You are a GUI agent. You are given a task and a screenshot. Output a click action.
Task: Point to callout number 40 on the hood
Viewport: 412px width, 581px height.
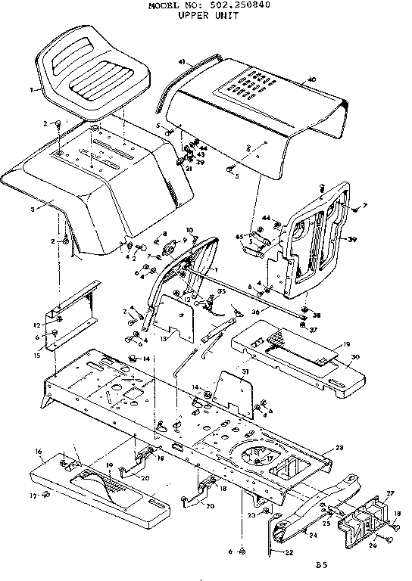[x=311, y=79]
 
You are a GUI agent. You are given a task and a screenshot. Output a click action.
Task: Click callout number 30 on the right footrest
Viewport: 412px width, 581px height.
[x=355, y=358]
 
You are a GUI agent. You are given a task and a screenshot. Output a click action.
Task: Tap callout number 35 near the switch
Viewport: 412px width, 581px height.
[x=222, y=290]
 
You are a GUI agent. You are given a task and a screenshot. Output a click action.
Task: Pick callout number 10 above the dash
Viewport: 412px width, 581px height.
[x=190, y=230]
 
